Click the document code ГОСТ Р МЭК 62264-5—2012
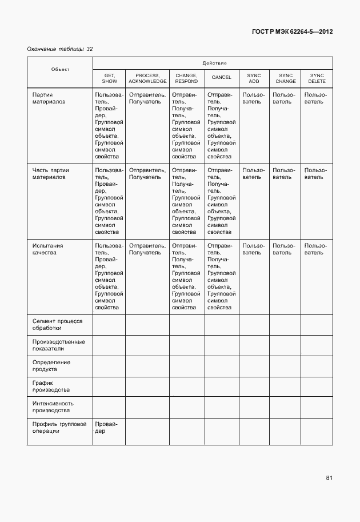pos(292,31)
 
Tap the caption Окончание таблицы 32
pos(59,49)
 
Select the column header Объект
pos(60,69)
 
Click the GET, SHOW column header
pos(109,78)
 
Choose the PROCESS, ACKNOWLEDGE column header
pos(147,78)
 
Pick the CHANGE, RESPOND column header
pos(186,78)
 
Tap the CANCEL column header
pos(221,78)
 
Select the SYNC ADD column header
pos(254,78)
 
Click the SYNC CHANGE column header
pos(285,78)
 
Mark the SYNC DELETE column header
pos(317,78)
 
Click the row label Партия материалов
pos(49,98)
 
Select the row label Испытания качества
pos(47,249)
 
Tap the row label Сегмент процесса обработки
pos(57,324)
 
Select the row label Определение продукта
pos(51,365)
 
